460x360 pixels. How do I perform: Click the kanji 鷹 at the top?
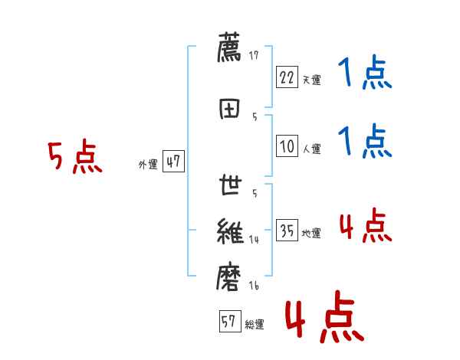(230, 48)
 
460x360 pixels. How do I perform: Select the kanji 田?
(230, 107)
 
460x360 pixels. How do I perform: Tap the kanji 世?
(230, 186)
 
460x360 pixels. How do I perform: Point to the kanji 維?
(230, 231)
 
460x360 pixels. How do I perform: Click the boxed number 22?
(287, 77)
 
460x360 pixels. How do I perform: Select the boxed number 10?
(287, 146)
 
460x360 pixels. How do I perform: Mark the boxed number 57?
(229, 322)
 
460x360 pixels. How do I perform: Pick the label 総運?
(255, 325)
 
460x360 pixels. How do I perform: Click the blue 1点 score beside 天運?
(364, 74)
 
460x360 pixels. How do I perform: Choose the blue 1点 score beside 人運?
(364, 141)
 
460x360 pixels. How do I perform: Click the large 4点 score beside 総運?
(324, 319)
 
